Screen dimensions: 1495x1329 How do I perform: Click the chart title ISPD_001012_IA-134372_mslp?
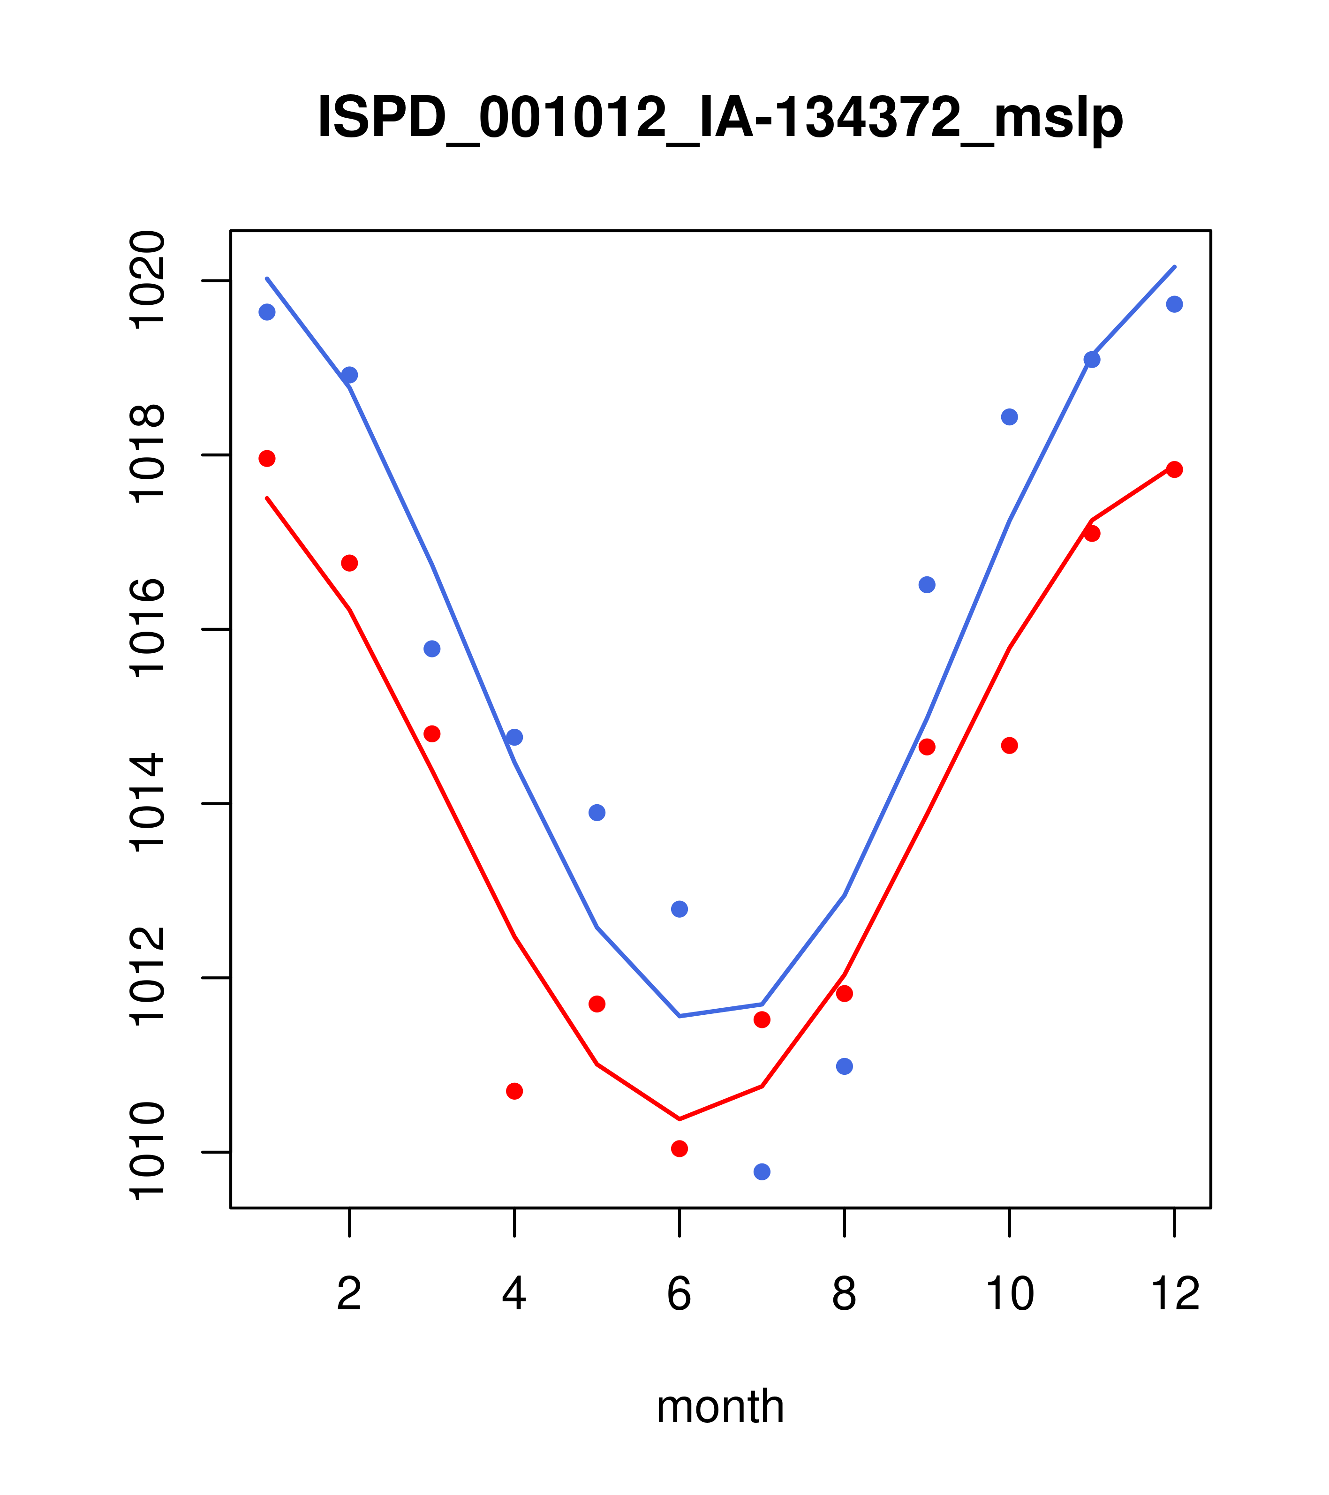(720, 118)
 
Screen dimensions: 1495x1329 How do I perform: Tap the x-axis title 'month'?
(720, 1406)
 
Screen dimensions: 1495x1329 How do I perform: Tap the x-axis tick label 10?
(1009, 1295)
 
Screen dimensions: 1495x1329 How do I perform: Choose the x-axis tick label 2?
(350, 1295)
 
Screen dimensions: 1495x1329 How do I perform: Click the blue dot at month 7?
(762, 1172)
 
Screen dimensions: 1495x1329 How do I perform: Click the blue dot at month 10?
(1009, 417)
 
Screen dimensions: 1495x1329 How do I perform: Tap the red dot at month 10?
(1009, 745)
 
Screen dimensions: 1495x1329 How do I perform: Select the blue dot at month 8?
(844, 1066)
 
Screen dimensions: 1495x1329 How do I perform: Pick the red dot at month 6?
(680, 1148)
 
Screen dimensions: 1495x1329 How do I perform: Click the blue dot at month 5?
(597, 813)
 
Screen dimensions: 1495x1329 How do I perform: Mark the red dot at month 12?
(1175, 469)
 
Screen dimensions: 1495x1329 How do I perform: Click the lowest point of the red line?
(680, 1119)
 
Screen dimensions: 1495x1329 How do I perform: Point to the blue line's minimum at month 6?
(680, 1016)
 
